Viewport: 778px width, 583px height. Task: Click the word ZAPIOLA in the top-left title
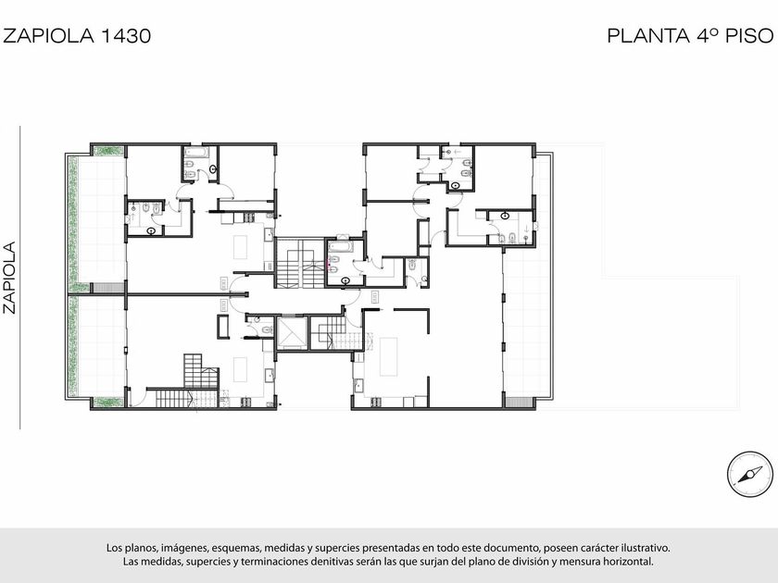click(48, 36)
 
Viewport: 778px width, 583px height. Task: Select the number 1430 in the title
click(126, 36)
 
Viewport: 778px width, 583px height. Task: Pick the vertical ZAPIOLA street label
click(10, 278)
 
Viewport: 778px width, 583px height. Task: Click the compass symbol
click(749, 475)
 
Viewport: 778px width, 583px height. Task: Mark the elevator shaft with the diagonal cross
click(292, 333)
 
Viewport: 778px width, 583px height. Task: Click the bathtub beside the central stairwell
click(340, 246)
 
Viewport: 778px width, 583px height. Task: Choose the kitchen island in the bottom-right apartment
click(388, 357)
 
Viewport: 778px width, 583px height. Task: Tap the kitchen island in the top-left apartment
click(241, 247)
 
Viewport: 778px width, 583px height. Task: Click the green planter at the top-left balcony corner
click(108, 150)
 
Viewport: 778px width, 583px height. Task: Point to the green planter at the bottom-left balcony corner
click(108, 402)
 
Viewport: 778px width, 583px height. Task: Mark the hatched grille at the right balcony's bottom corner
click(518, 402)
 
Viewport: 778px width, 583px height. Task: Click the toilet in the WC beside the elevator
click(267, 329)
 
